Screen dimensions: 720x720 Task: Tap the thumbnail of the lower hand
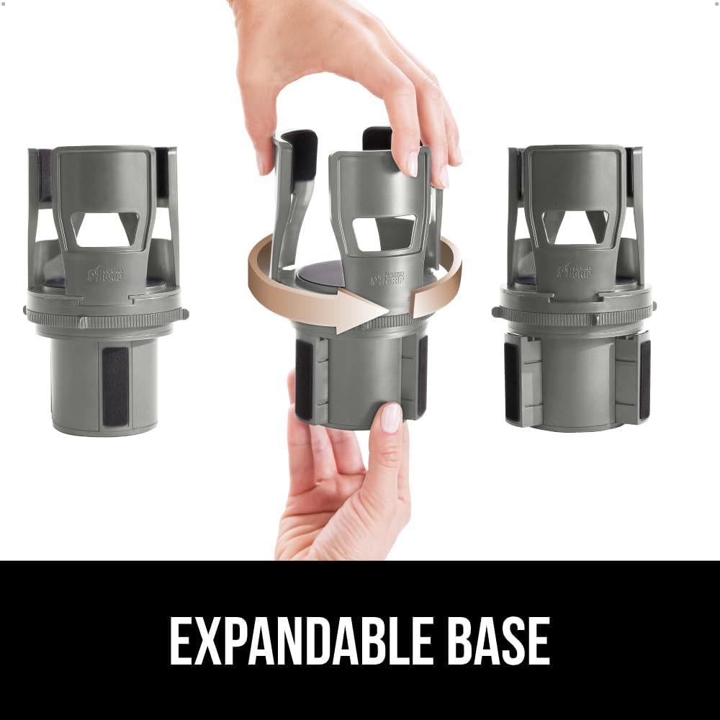(390, 418)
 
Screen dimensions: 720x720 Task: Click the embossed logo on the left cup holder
(105, 274)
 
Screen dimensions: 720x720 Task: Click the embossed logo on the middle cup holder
(387, 279)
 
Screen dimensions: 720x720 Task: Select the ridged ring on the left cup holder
(104, 318)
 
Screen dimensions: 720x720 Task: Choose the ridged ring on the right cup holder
(575, 315)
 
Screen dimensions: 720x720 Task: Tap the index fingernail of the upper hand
(413, 163)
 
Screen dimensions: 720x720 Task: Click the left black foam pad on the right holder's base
(512, 381)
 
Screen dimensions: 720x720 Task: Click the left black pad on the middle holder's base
(304, 378)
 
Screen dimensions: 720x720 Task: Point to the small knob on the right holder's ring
(496, 312)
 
